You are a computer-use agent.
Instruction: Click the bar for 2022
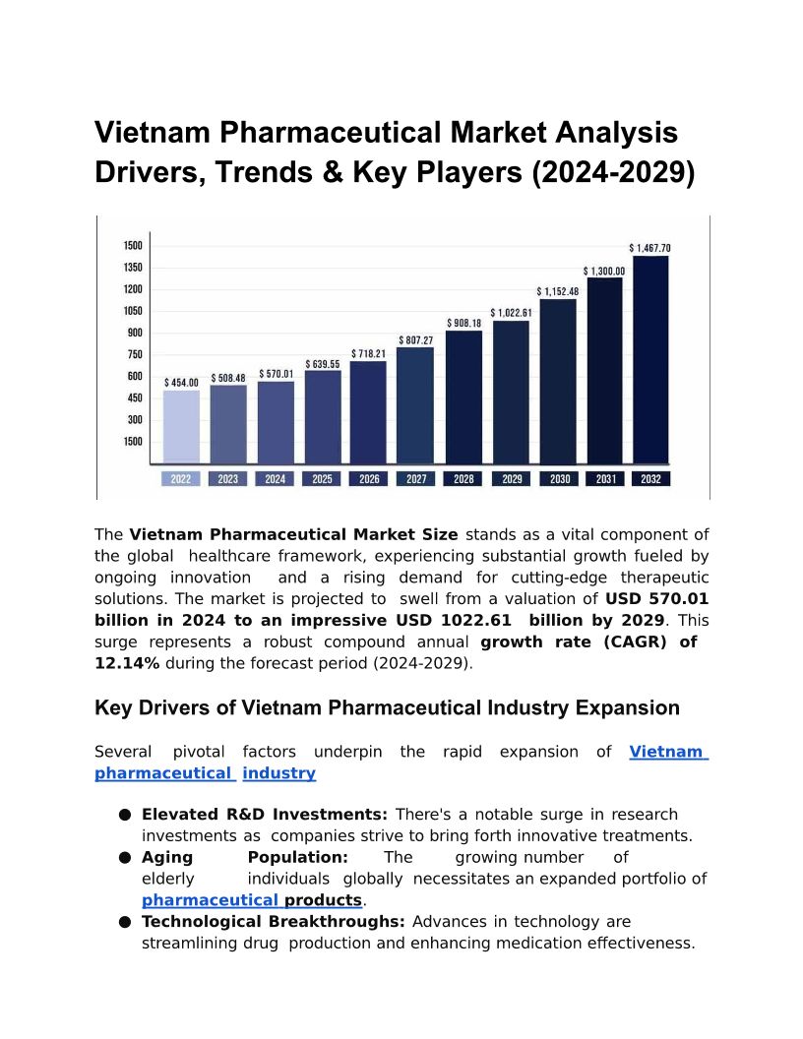(x=181, y=426)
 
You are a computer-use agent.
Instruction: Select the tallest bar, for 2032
(x=650, y=359)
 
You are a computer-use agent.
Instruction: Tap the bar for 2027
(x=415, y=404)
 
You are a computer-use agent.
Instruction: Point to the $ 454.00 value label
(x=181, y=382)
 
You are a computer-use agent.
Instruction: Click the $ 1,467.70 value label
(x=650, y=248)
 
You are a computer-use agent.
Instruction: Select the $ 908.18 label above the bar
(x=463, y=323)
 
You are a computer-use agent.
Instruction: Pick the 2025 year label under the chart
(x=322, y=479)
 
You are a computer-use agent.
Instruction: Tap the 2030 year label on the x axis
(x=559, y=479)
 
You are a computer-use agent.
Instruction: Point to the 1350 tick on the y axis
(x=133, y=268)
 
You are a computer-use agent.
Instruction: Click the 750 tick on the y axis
(x=133, y=355)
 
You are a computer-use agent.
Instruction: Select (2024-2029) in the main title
(x=613, y=172)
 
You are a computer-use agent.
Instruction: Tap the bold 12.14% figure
(x=127, y=663)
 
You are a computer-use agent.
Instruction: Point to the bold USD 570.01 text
(x=656, y=598)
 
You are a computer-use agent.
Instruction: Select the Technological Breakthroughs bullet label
(x=274, y=922)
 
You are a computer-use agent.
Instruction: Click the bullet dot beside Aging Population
(x=125, y=858)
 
